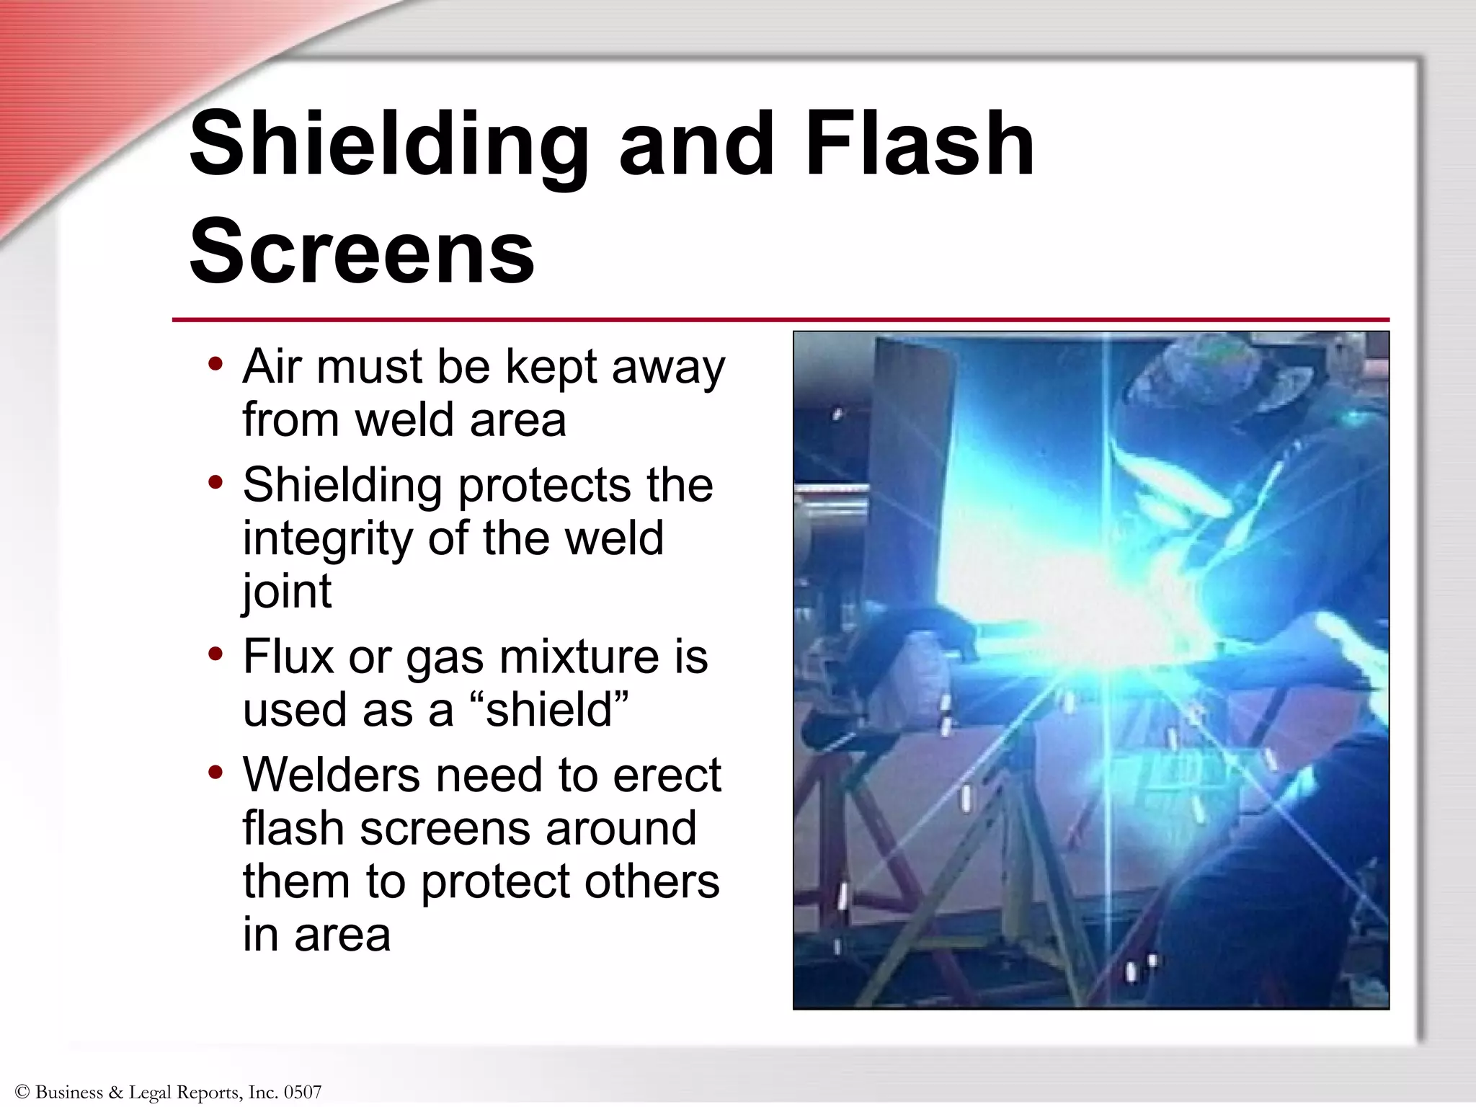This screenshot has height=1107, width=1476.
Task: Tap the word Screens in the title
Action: tap(362, 252)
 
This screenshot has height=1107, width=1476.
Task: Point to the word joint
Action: tap(287, 592)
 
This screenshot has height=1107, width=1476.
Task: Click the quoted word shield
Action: tap(548, 710)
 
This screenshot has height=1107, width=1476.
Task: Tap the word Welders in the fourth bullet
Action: tap(331, 775)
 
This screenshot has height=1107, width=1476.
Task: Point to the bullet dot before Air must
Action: tap(215, 363)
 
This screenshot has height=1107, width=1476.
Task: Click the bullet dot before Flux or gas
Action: tap(215, 654)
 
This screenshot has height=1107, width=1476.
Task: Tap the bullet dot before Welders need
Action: tap(215, 773)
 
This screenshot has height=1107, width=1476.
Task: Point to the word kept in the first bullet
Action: tap(551, 368)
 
